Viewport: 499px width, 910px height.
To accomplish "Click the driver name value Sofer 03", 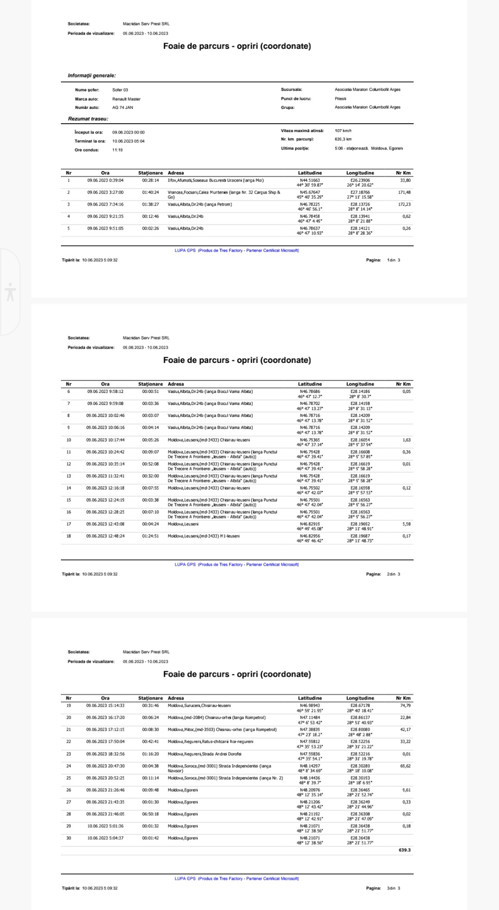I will [120, 90].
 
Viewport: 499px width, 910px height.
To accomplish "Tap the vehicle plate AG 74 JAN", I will [122, 108].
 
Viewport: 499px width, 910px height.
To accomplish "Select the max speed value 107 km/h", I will [343, 131].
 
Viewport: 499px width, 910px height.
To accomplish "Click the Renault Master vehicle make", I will [126, 99].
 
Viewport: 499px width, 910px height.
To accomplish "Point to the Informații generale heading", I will [92, 75].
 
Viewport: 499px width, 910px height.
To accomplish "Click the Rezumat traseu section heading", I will [88, 119].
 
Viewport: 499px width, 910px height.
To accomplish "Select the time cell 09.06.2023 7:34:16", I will [105, 205].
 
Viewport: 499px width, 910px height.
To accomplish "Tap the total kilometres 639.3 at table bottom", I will [404, 850].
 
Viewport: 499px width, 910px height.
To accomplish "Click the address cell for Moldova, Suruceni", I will [199, 705].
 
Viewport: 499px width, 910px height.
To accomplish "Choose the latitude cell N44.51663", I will [310, 181].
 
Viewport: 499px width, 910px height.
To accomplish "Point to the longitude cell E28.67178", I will [360, 705].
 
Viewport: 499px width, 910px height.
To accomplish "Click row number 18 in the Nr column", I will [69, 536].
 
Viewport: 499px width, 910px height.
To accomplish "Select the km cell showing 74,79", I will [405, 705].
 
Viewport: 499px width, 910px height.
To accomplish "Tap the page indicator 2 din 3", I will [393, 574].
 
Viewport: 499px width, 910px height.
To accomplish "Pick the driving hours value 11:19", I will [117, 150].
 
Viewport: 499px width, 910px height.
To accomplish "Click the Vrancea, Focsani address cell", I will [224, 194].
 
